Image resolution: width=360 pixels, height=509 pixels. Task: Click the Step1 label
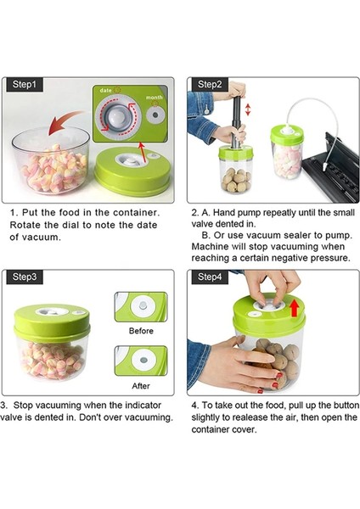pos(25,84)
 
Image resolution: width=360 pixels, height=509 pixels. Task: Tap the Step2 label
pos(210,84)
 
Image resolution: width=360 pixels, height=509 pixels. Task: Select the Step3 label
pos(25,277)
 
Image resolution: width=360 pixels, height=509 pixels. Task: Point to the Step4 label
pos(210,277)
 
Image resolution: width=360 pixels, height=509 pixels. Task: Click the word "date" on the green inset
pos(105,90)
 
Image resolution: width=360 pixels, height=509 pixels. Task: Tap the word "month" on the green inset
pos(154,98)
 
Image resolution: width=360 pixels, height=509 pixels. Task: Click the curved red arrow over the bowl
pos(65,121)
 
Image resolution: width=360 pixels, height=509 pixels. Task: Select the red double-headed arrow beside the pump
pos(248,109)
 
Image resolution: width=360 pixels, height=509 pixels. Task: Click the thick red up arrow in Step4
pos(295,308)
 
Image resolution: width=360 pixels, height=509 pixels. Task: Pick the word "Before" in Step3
pos(141,331)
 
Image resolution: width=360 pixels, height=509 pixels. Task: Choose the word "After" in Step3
pos(141,386)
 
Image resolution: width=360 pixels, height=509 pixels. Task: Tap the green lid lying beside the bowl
pos(132,171)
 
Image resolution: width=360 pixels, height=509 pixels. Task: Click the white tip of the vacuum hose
pos(325,168)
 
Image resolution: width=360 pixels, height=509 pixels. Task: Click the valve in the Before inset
pos(143,305)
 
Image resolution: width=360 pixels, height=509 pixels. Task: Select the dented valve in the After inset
pos(143,360)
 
